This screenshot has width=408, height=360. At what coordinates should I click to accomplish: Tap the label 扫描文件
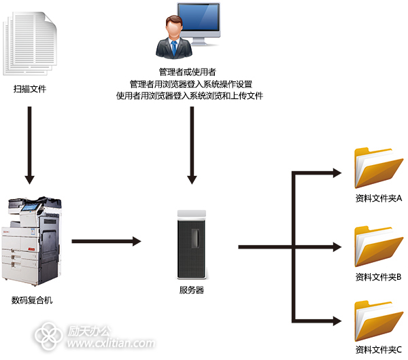(29, 89)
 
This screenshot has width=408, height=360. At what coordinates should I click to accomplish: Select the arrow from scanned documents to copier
(29, 143)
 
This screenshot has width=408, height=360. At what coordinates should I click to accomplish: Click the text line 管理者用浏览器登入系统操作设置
(191, 84)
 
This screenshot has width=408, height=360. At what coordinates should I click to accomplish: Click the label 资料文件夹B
(379, 276)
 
